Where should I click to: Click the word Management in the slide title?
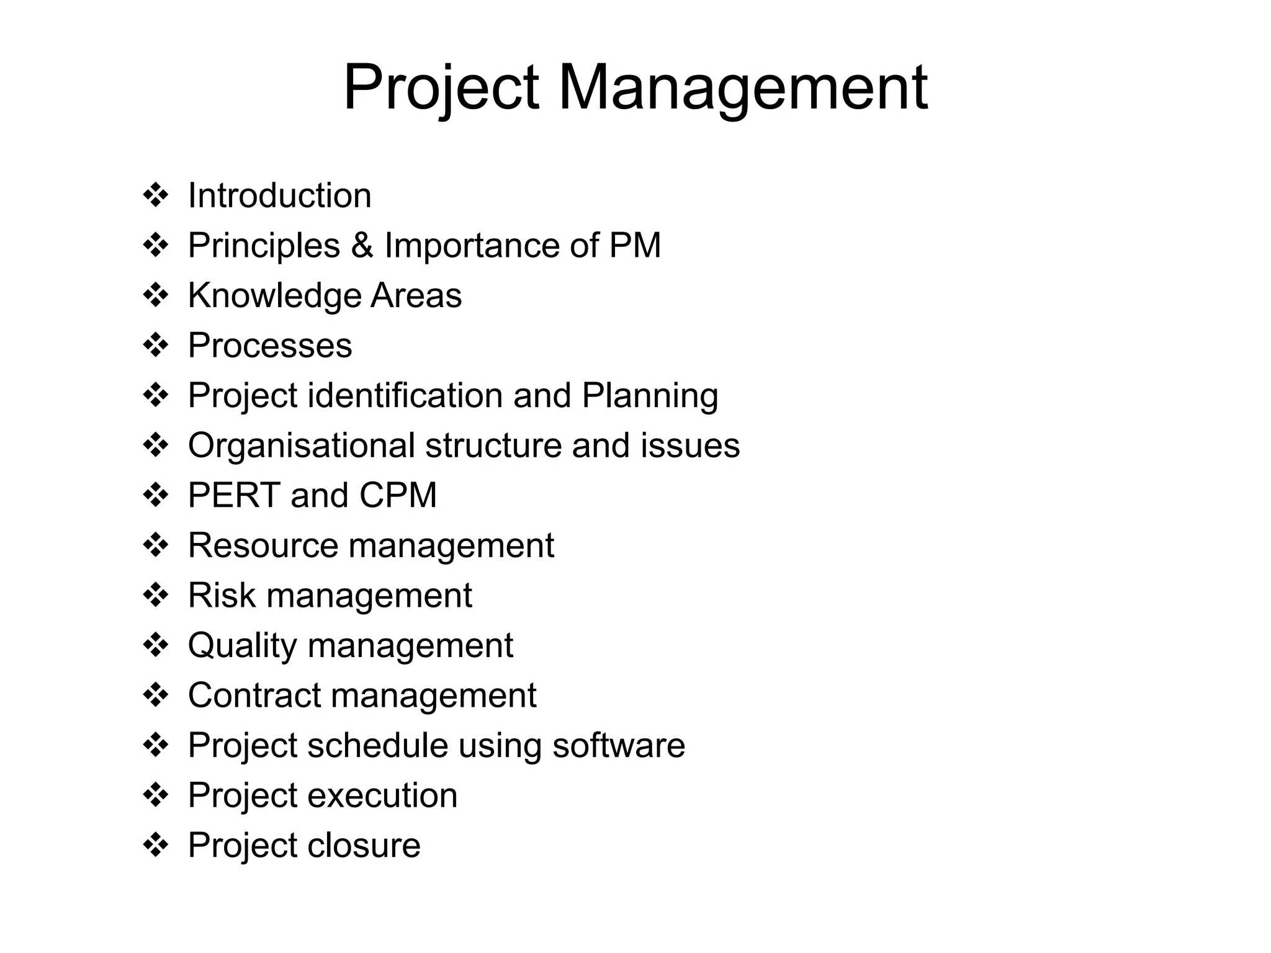click(x=743, y=88)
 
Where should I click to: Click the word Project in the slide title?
click(x=441, y=88)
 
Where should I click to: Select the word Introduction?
click(x=280, y=196)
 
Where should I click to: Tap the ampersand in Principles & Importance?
click(x=362, y=246)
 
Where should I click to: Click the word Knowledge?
click(x=274, y=296)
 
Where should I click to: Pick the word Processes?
click(x=270, y=346)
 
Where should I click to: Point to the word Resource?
click(x=263, y=546)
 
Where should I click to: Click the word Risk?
click(x=222, y=596)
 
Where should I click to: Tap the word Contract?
click(x=254, y=696)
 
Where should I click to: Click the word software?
click(x=619, y=746)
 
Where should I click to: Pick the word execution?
click(x=382, y=796)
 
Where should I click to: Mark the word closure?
click(x=364, y=846)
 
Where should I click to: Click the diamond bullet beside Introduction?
click(x=156, y=196)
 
